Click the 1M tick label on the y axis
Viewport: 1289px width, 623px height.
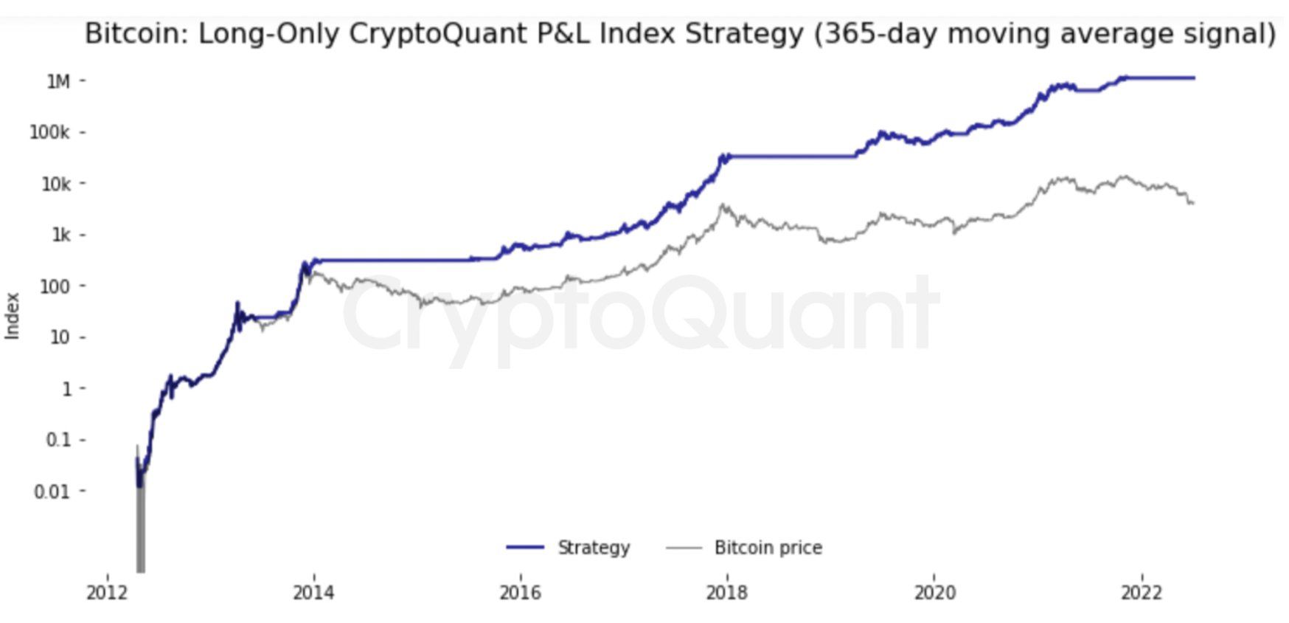58,81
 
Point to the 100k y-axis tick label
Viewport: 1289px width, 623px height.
49,133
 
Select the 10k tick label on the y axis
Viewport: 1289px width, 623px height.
55,184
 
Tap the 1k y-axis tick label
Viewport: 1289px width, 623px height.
60,235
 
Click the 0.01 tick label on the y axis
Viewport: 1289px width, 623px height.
52,492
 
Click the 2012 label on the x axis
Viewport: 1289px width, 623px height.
107,593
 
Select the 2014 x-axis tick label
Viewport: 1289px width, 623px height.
313,593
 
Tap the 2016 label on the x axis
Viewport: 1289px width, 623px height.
520,593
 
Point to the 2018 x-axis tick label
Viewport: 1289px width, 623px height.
726,593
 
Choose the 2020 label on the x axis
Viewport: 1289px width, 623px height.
934,593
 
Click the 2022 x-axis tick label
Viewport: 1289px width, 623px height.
1142,593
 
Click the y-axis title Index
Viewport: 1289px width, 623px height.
13,316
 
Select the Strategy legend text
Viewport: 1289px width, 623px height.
594,548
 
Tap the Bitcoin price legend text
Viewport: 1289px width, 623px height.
768,548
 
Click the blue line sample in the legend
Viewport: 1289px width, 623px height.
525,548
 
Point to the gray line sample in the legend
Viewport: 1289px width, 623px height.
683,548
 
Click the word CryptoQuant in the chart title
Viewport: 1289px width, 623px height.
429,35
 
